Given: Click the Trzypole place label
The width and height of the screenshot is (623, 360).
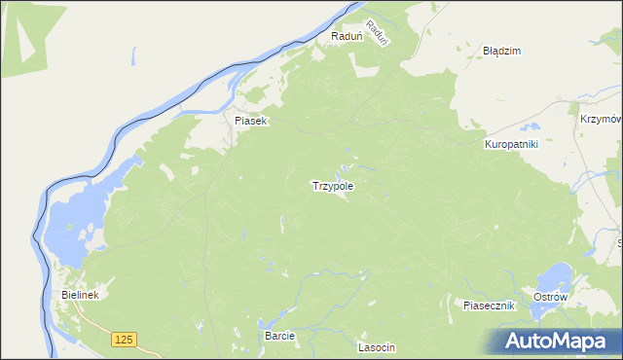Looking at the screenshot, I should click(x=332, y=185).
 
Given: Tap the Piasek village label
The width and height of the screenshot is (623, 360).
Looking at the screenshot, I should click(x=250, y=122).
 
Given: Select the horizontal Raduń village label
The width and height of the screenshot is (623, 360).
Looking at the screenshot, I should click(x=347, y=36).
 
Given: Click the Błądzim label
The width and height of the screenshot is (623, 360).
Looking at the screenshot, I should click(x=502, y=50).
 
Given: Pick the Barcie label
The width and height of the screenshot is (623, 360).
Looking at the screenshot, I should click(x=279, y=335).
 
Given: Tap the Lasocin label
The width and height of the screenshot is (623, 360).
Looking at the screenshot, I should click(x=377, y=347).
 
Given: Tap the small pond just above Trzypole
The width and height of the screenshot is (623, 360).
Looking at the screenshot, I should click(x=342, y=168).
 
